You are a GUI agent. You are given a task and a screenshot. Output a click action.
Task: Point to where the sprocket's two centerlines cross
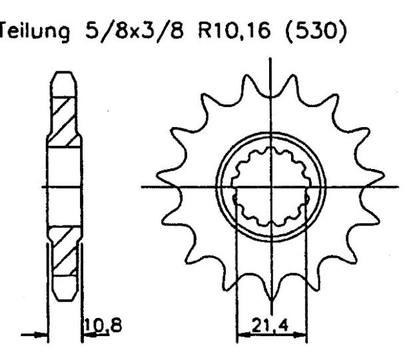pyautogui.click(x=270, y=185)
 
